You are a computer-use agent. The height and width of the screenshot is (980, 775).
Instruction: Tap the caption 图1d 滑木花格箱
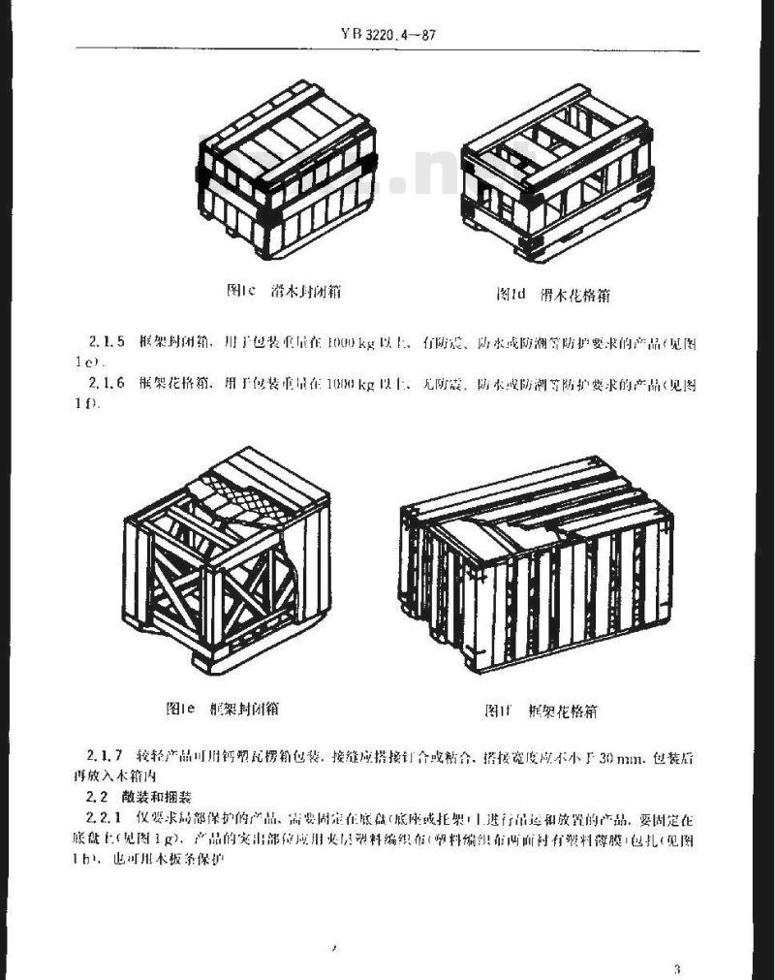click(553, 293)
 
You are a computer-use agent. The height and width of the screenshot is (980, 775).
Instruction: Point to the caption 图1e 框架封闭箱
click(223, 709)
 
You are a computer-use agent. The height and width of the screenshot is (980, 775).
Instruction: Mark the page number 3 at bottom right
click(677, 969)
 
